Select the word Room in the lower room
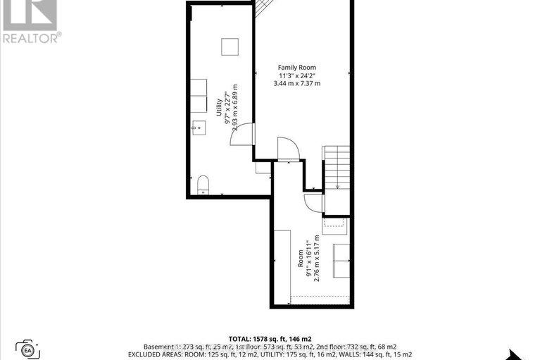[x=299, y=260]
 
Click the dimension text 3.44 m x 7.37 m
[x=296, y=83]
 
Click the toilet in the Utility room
[x=203, y=184]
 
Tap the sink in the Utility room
[x=197, y=128]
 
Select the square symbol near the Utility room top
[x=230, y=46]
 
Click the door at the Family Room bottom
[x=289, y=149]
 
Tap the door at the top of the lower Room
[x=313, y=202]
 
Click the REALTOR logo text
[x=32, y=37]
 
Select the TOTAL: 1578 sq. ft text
[x=270, y=339]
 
